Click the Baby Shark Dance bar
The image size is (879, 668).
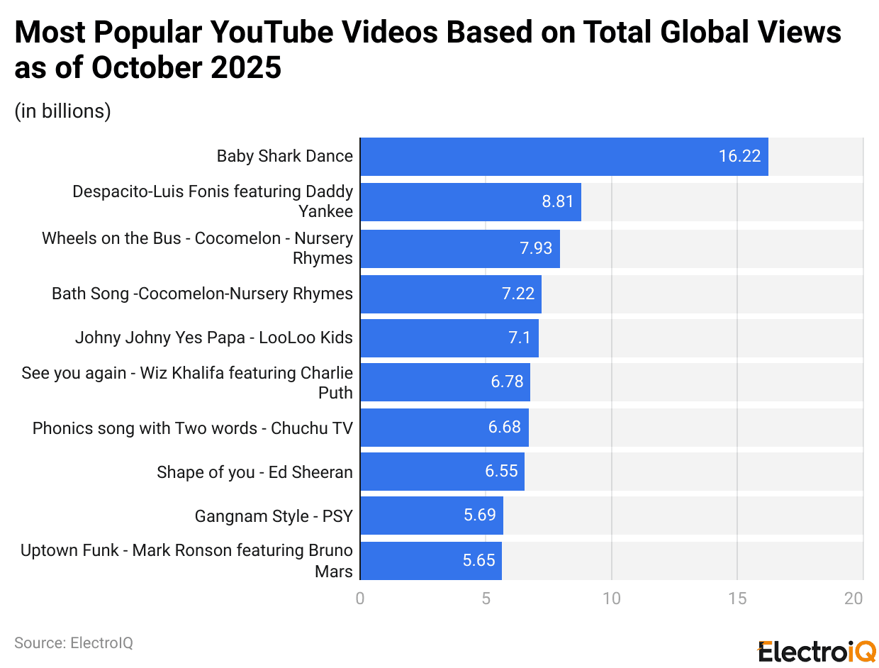[x=564, y=157]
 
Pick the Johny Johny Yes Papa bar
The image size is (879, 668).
[x=449, y=338]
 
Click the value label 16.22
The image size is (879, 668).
[x=739, y=157]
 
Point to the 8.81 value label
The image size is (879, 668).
[x=558, y=202]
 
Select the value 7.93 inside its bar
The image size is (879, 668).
[x=536, y=248]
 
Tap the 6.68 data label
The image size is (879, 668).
[x=504, y=428]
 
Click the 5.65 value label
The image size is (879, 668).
[x=478, y=561]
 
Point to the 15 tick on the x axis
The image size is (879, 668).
[x=737, y=599]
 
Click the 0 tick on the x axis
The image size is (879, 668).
[x=360, y=599]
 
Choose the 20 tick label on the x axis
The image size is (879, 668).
[x=853, y=599]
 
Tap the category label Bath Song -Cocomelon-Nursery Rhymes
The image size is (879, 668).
[x=202, y=294]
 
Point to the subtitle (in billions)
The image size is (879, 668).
[x=62, y=111]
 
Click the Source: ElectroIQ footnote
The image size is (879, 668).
[x=74, y=643]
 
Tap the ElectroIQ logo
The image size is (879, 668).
[x=817, y=650]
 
